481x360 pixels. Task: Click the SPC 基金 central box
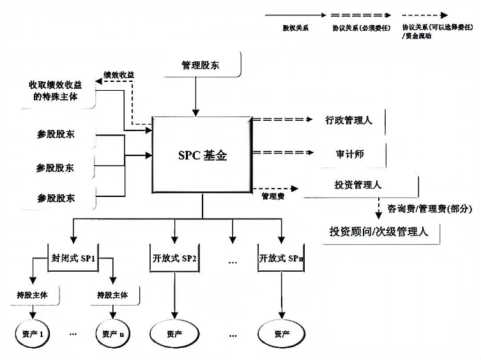click(201, 154)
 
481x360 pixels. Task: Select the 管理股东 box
click(201, 66)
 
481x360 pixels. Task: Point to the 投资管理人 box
click(358, 185)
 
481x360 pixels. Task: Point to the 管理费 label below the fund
click(272, 196)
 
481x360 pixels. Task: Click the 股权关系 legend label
click(295, 29)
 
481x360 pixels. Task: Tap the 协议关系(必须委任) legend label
click(356, 29)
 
